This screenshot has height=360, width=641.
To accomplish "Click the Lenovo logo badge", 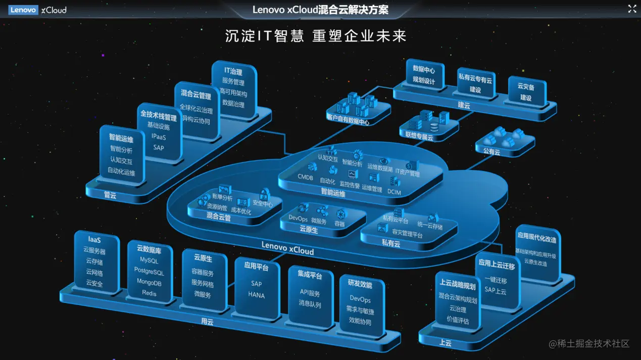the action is (23, 10).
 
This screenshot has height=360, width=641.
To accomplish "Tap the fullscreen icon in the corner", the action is (632, 9).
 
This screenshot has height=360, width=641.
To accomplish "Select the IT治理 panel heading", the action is (233, 72).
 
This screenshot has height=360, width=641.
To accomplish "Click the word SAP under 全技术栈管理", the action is (159, 147).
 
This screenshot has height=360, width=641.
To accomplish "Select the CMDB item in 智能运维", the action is (306, 177).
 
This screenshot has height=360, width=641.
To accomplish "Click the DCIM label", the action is (394, 191).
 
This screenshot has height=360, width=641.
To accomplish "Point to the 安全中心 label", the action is (263, 204).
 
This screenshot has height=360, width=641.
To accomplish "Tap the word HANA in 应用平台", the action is (257, 295).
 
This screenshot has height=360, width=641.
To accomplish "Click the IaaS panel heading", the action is (94, 240).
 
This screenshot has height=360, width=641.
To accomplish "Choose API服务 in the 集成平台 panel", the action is (310, 293).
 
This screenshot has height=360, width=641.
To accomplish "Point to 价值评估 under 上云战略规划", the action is (458, 320).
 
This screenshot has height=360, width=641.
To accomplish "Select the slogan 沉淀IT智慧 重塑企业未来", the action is (316, 36).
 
